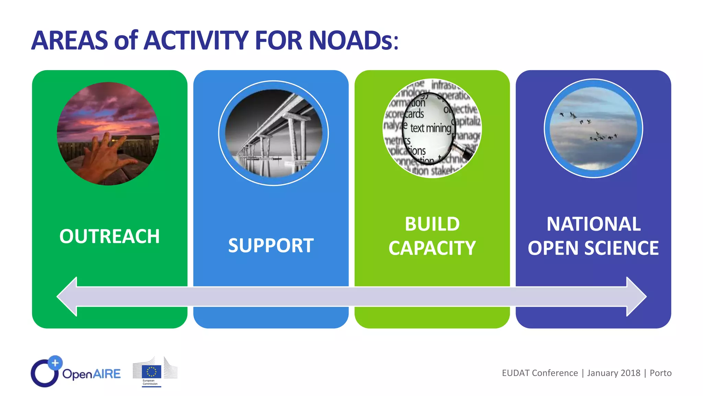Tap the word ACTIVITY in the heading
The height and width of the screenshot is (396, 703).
click(196, 41)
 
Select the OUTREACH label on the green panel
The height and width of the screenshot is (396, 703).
click(110, 236)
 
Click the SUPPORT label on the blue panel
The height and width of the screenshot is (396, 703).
click(271, 245)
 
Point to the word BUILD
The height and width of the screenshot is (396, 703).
click(432, 224)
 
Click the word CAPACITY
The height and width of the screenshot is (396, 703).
click(432, 248)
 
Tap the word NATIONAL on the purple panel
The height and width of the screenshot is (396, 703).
click(593, 224)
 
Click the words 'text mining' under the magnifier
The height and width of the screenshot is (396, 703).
click(430, 128)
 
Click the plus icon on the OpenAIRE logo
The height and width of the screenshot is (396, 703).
click(55, 363)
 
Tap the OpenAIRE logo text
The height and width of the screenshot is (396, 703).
click(91, 374)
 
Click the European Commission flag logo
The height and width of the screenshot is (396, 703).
click(151, 372)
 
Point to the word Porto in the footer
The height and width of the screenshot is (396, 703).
click(660, 373)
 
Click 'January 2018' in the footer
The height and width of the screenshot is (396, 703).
click(613, 373)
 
